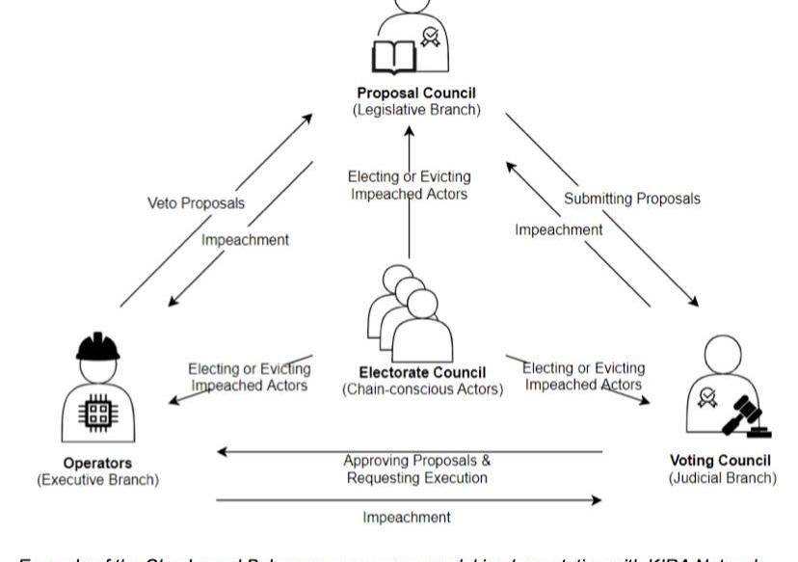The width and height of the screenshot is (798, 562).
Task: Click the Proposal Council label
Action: coord(416,94)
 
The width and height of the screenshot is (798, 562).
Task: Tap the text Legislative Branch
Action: coord(416,110)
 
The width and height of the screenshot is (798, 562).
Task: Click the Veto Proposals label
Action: coord(196,203)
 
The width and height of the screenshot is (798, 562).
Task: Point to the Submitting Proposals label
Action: coord(632,199)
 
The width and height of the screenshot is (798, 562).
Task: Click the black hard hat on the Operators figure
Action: coord(97,346)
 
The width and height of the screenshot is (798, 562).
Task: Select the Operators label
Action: coord(97,463)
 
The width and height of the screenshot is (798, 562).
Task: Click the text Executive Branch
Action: coord(97,479)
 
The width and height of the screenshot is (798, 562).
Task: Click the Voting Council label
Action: coord(720,461)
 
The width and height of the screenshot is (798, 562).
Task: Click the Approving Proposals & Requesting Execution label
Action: coord(416,468)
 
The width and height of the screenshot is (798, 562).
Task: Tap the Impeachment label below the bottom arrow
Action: coord(406,517)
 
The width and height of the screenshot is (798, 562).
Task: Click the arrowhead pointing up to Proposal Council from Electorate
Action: coord(409,131)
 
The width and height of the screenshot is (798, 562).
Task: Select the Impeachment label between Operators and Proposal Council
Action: coord(245,240)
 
